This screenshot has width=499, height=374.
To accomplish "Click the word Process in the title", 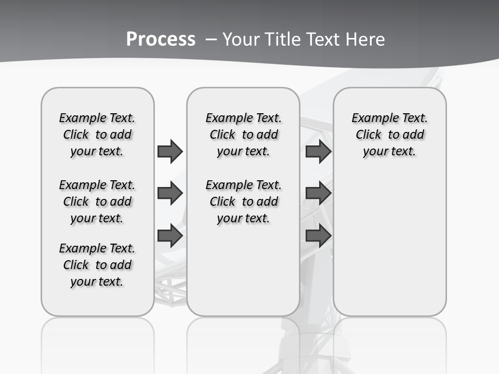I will coord(161,39).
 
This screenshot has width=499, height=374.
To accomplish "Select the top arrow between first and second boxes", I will coord(170,151).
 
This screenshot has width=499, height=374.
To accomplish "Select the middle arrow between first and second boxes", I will coord(170,194).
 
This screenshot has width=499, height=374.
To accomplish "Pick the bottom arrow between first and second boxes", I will coord(170,236).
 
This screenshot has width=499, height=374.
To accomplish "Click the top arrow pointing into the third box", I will coord(318,151).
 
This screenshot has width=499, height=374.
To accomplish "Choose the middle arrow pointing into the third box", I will coord(318,194).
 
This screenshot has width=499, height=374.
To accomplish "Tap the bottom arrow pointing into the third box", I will coord(318,236).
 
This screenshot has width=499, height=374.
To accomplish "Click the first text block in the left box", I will coord(97,135).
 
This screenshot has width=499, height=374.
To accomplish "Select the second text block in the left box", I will coord(97,202).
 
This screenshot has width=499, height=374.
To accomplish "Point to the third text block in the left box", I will coord(97,265).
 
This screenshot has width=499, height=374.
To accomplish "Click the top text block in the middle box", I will coord(243,135).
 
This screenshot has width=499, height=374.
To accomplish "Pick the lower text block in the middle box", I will coord(243,202).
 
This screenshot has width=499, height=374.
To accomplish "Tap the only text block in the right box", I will coord(389,135).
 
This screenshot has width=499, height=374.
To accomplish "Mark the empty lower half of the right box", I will coord(389,249).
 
